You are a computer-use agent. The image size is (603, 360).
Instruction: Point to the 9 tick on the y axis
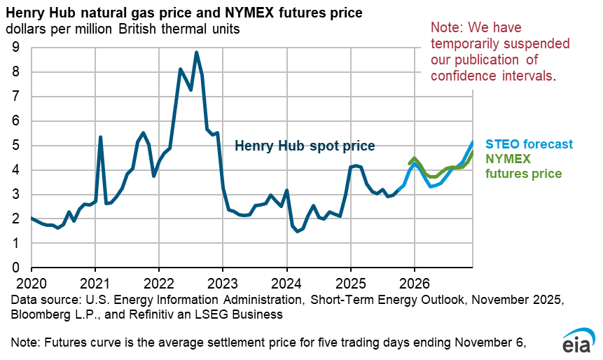click(15, 48)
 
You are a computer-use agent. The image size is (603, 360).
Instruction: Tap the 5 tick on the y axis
click(15, 146)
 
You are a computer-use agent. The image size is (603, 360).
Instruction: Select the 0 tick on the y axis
click(15, 268)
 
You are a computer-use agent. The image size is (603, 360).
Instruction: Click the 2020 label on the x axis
click(32, 285)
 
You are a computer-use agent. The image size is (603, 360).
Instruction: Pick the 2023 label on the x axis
click(223, 285)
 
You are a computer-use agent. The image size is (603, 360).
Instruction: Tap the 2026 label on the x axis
click(414, 285)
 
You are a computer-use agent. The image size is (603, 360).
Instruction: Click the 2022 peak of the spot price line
click(197, 53)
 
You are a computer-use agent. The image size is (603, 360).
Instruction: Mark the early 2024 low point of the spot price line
click(298, 231)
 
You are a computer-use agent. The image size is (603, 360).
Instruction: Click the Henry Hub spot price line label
click(305, 146)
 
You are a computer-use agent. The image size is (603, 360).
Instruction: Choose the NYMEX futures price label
click(523, 165)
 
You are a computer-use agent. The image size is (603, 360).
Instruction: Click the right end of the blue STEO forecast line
click(473, 142)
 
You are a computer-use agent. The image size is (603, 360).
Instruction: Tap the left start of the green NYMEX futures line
click(409, 164)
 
